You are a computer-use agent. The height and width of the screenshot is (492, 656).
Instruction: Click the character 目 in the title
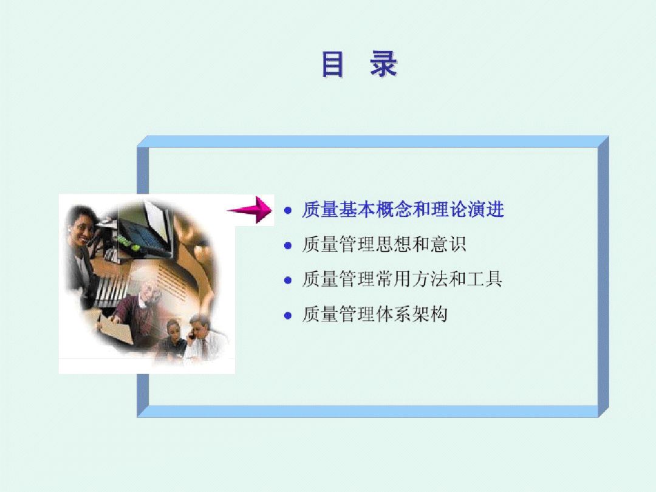click(333, 64)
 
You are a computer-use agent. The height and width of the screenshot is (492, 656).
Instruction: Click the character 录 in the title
click(384, 64)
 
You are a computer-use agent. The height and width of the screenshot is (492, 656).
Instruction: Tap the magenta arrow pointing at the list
click(250, 210)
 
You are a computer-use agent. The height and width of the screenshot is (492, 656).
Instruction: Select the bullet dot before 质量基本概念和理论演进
click(288, 210)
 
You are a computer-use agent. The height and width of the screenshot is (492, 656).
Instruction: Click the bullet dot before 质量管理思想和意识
click(288, 245)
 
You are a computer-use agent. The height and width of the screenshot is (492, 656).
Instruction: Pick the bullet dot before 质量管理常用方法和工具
click(288, 280)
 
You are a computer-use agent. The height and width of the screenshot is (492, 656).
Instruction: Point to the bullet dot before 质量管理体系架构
click(288, 315)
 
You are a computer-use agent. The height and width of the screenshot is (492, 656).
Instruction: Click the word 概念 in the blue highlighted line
click(394, 210)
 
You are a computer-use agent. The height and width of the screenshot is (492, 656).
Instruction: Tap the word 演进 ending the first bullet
click(486, 210)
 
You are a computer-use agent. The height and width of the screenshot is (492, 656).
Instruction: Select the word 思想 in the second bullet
click(394, 244)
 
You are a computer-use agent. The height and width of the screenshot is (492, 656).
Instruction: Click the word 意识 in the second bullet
click(448, 244)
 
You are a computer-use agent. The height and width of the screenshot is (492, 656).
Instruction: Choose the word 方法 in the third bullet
click(430, 279)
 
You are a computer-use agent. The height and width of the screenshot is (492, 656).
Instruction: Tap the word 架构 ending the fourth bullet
click(430, 314)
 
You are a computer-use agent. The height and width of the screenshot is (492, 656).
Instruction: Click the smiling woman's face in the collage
click(82, 227)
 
